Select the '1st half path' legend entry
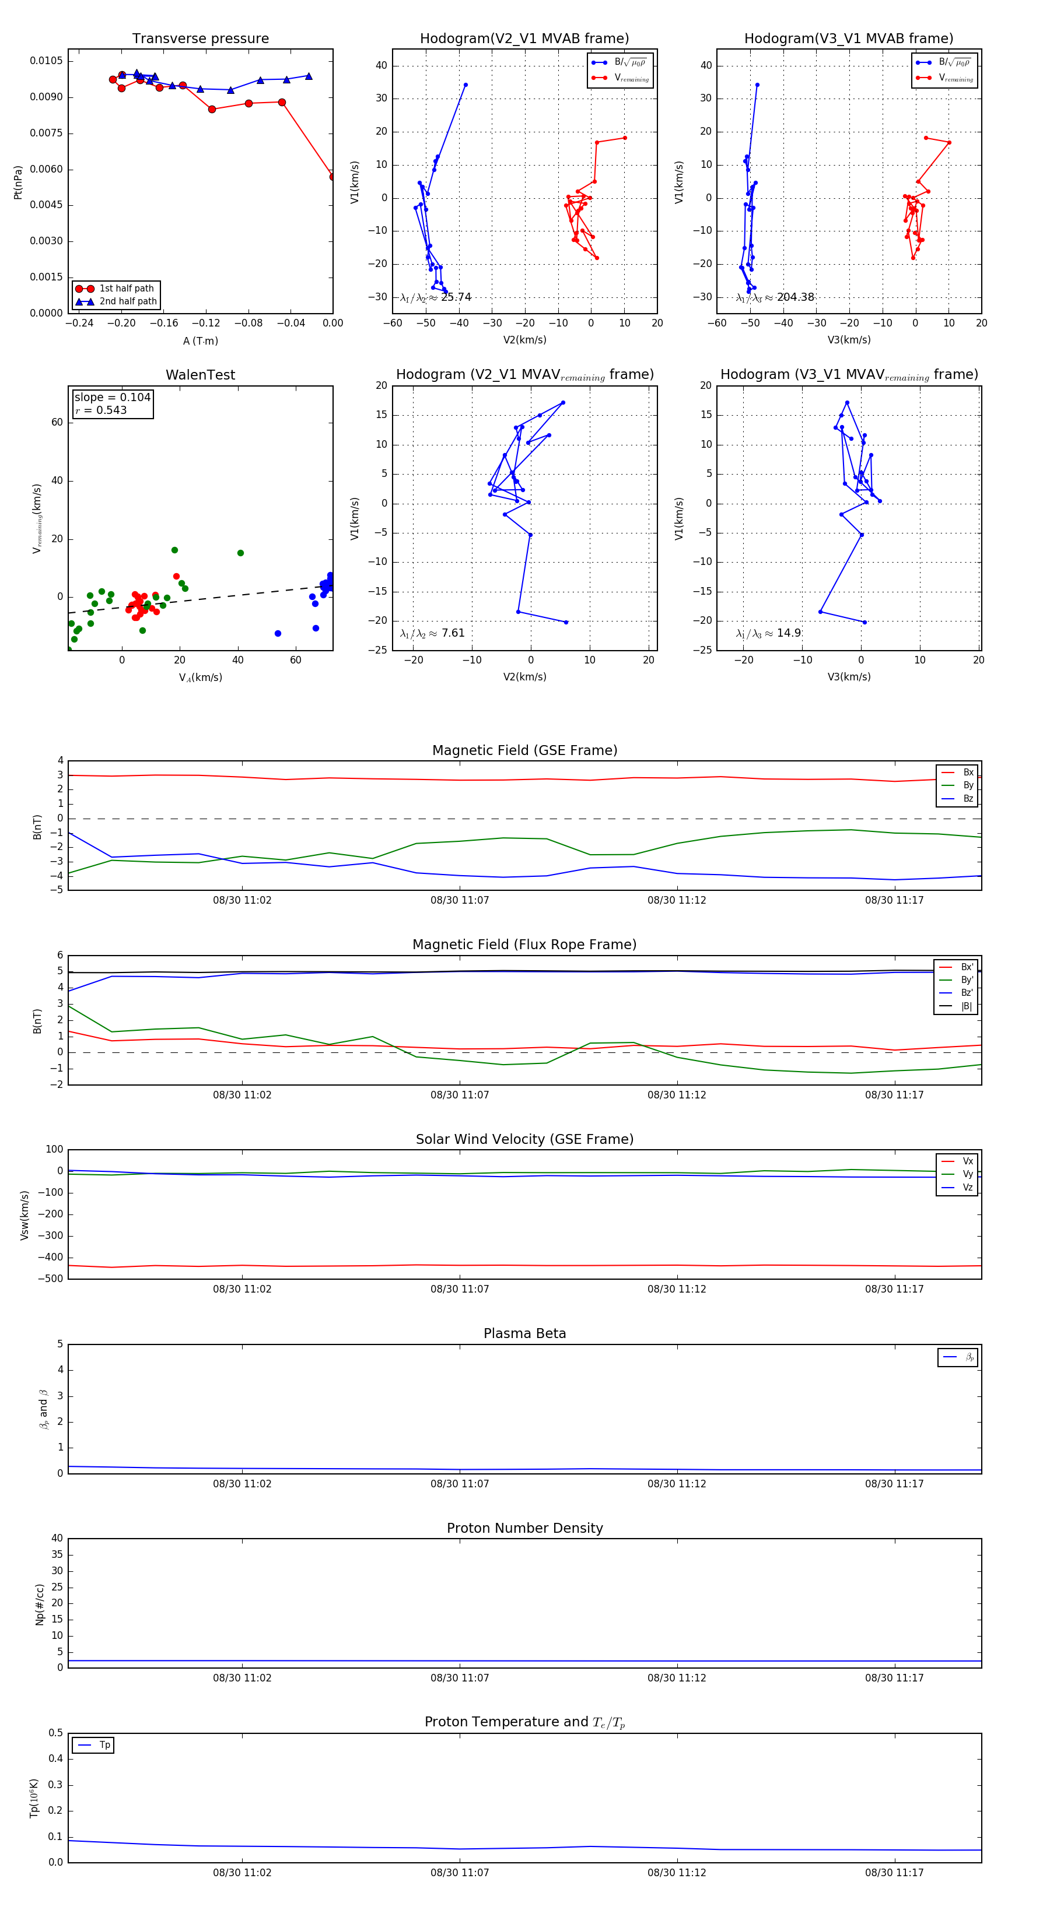point(125,288)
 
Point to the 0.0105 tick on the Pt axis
point(46,61)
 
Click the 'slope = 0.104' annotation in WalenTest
point(112,398)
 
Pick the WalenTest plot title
point(200,375)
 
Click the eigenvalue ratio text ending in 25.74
point(436,297)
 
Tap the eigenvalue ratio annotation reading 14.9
point(768,633)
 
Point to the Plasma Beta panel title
point(524,1334)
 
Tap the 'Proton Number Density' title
point(524,1528)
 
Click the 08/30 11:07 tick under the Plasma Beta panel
point(460,1484)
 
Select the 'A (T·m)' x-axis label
point(200,341)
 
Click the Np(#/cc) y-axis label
point(40,1604)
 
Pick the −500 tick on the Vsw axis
point(50,1279)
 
